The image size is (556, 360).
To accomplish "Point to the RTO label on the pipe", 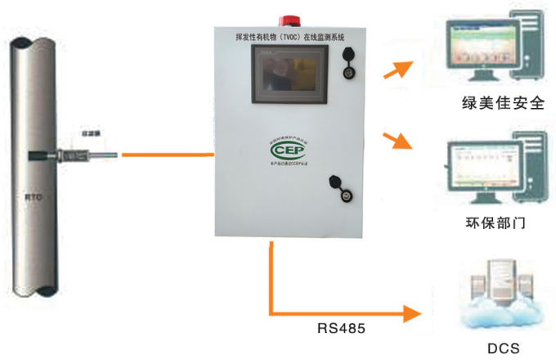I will pyautogui.click(x=34, y=196).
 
